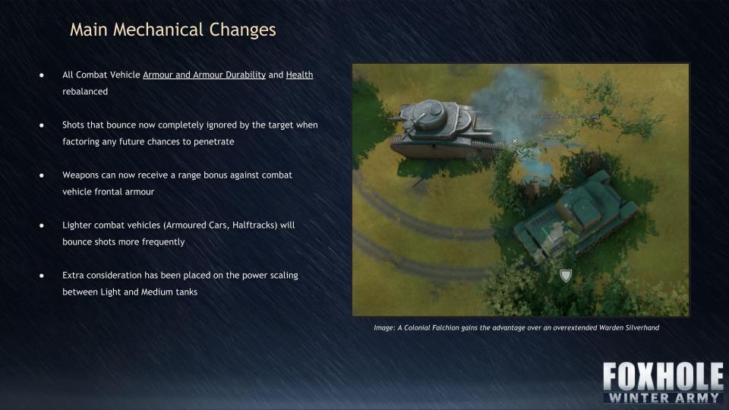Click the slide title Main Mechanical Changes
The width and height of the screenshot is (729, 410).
(173, 30)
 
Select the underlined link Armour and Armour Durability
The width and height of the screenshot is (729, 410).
(204, 75)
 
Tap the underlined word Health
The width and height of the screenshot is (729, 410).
(299, 75)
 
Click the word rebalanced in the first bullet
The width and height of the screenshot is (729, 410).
(85, 92)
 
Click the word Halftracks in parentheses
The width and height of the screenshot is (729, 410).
(254, 225)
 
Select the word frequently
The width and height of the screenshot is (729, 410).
(162, 242)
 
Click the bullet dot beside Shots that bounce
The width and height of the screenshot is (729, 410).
(42, 125)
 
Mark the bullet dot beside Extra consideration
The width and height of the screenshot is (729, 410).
(42, 276)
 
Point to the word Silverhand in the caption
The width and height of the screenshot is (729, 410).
(642, 328)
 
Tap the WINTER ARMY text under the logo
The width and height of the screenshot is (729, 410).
(664, 397)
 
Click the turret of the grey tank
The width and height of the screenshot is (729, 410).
(428, 114)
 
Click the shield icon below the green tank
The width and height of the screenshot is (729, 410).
(565, 276)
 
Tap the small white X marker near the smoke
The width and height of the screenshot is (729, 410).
(515, 141)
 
